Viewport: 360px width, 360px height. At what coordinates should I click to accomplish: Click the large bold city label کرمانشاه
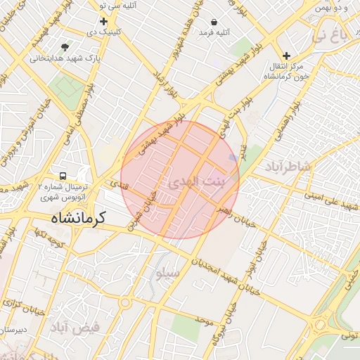pyautogui.click(x=77, y=218)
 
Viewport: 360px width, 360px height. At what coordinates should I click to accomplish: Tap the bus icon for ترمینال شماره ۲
pyautogui.click(x=64, y=176)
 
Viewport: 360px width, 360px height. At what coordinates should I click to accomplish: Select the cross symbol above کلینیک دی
pyautogui.click(x=104, y=22)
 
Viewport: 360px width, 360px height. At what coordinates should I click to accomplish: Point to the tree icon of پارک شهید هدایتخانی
pyautogui.click(x=65, y=47)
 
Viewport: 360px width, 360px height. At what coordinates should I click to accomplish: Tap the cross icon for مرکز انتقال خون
pyautogui.click(x=285, y=56)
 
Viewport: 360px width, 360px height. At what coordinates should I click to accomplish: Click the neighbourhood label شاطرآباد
pyautogui.click(x=287, y=166)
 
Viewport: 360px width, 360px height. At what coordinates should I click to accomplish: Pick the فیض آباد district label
pyautogui.click(x=75, y=327)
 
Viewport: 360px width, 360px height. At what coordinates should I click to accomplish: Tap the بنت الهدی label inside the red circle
pyautogui.click(x=195, y=182)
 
